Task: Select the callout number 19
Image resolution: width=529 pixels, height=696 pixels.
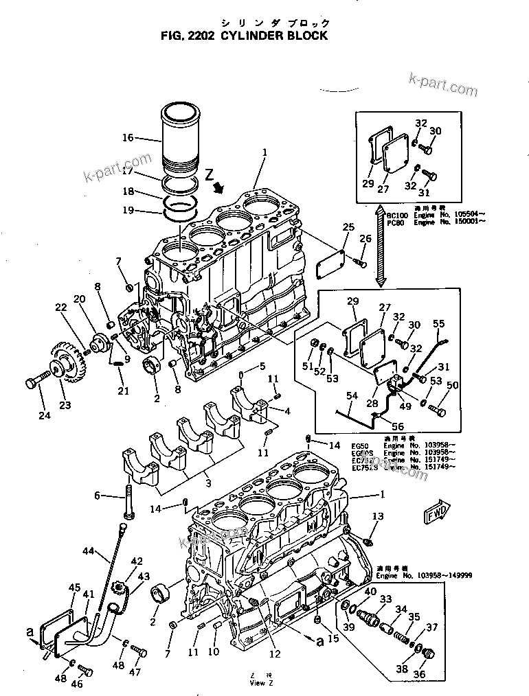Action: click(x=128, y=211)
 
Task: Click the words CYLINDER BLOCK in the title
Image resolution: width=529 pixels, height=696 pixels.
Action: click(x=274, y=36)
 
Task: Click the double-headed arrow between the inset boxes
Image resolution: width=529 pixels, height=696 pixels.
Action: click(x=379, y=244)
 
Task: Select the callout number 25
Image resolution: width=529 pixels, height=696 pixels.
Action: click(x=348, y=227)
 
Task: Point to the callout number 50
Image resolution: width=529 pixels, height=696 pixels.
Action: click(x=452, y=386)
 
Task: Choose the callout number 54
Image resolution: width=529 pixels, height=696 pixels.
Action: click(x=352, y=396)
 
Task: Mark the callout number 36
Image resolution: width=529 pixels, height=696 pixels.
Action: click(x=418, y=674)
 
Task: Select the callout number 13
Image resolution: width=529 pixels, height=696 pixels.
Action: click(x=378, y=516)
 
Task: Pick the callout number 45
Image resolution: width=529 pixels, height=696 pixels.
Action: click(x=74, y=588)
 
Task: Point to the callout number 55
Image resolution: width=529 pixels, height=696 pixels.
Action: click(x=438, y=323)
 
